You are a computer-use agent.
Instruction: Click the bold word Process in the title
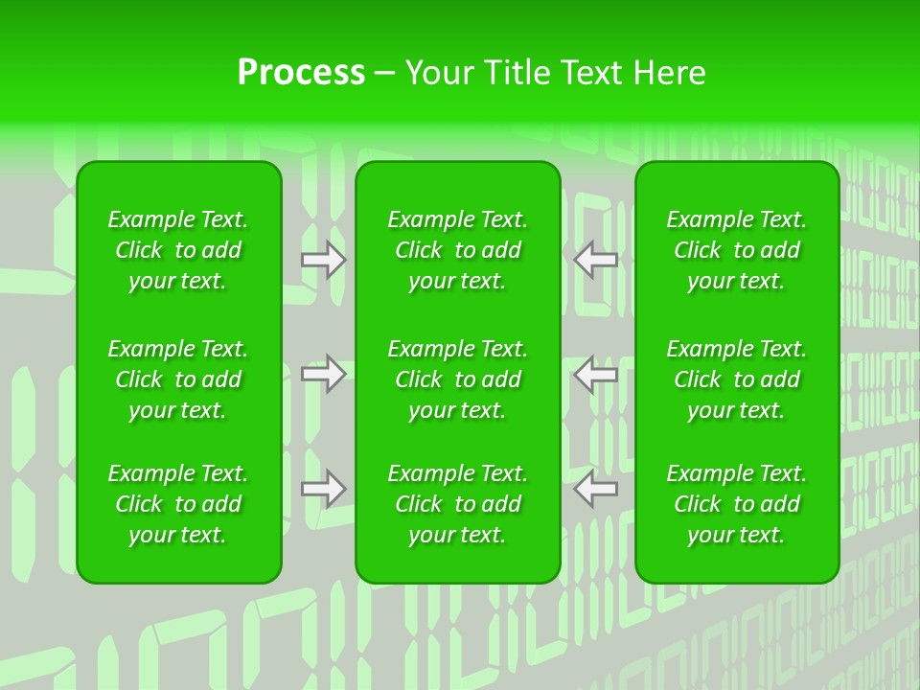tap(301, 72)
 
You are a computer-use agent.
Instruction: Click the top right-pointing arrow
tap(323, 259)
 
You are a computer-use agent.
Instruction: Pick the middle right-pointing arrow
tap(323, 374)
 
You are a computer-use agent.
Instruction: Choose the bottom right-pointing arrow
tap(323, 489)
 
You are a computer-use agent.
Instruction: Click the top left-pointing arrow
tap(595, 259)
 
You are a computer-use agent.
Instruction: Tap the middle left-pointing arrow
tap(595, 374)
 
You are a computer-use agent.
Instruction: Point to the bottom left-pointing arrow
tap(595, 489)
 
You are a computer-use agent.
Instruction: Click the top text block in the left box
tap(178, 250)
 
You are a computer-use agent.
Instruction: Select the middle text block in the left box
tap(178, 379)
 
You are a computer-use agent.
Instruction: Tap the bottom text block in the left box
tap(178, 504)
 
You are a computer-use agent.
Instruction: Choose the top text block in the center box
tap(458, 250)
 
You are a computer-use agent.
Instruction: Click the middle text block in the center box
tap(458, 379)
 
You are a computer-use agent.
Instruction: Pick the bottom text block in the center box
tap(458, 504)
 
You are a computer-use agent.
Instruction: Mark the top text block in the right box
tap(737, 250)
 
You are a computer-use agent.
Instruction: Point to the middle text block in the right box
tap(737, 379)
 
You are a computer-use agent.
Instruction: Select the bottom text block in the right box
tap(737, 504)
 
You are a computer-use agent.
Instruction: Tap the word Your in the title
tap(437, 72)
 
